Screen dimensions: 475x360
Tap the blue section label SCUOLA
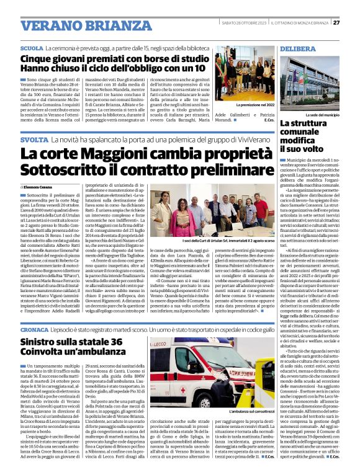click(x=32, y=48)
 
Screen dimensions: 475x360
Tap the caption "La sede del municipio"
click(x=323, y=115)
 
